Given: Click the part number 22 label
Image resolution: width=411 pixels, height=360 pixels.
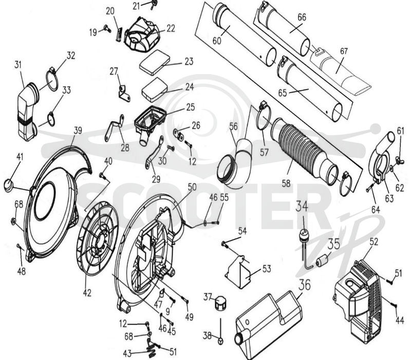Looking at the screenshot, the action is click(171, 28).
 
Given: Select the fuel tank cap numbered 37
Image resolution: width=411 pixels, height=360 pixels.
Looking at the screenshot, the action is click(220, 303).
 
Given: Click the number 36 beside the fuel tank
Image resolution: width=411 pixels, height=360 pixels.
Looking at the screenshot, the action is click(305, 284).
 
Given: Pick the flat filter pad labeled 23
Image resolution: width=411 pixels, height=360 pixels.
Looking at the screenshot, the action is click(155, 62).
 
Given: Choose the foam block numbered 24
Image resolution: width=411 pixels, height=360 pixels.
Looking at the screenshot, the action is click(155, 89).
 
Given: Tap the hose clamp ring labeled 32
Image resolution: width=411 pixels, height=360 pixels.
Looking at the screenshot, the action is click(52, 79).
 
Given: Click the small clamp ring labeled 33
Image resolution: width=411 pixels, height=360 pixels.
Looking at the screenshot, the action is click(51, 119).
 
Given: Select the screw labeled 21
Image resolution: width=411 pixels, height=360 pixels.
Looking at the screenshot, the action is click(153, 4).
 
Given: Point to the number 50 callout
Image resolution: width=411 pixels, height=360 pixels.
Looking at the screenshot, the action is click(192, 187).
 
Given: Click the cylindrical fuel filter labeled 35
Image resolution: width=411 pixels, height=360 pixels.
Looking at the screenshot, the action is click(323, 261).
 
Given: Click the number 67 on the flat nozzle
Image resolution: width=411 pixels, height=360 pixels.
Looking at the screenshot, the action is click(344, 51).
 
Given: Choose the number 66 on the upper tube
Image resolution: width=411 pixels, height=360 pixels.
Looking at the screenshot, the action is click(302, 17).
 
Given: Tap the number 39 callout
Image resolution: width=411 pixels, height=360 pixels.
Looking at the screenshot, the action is click(78, 131).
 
